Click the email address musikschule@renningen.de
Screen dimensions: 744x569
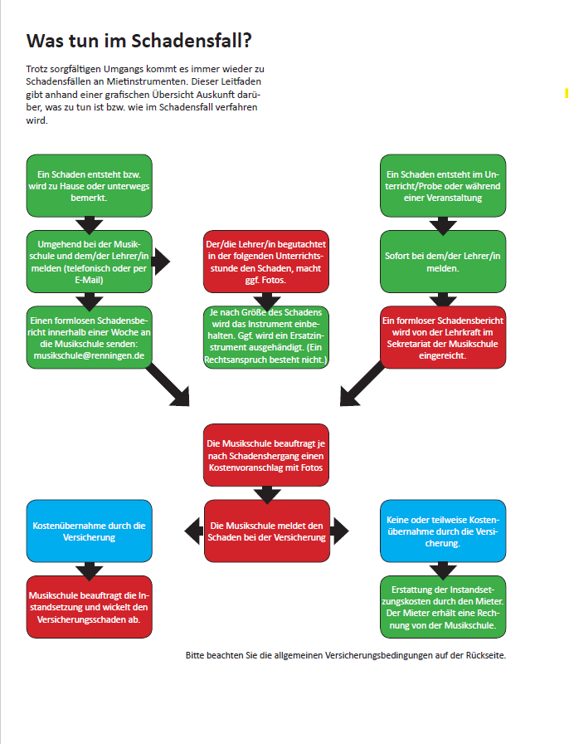pos(90,355)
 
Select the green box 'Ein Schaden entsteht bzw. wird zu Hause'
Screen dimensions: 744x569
pos(90,186)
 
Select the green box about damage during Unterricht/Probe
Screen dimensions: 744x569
pos(444,186)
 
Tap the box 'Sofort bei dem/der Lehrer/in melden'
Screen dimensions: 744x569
pos(444,262)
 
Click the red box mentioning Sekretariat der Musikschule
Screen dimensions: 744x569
pos(444,337)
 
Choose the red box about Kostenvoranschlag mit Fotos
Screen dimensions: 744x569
pos(266,455)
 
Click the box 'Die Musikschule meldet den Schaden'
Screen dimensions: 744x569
pos(266,531)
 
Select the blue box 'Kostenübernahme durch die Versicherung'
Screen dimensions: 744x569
pos(90,531)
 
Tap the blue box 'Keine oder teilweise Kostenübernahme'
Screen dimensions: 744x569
pos(444,531)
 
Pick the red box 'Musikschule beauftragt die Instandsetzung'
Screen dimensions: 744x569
pos(90,607)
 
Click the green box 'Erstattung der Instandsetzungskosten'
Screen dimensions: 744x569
pos(444,607)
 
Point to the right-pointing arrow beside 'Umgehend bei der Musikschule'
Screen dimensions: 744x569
pos(161,262)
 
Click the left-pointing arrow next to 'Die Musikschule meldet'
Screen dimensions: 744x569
pos(193,530)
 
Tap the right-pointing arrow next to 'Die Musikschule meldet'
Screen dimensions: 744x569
pos(340,530)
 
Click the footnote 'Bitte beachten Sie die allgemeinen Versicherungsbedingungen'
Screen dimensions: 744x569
pos(345,655)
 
